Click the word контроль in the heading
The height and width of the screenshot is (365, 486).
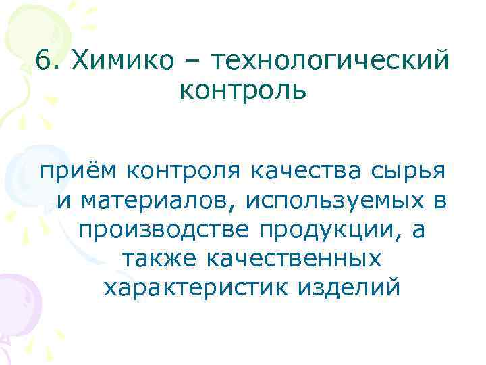coord(243,89)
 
